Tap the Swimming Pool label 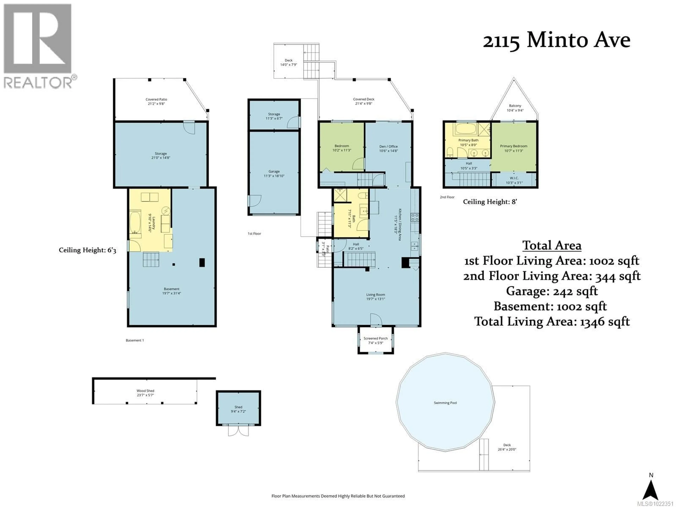click(x=445, y=403)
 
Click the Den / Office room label click(x=388, y=149)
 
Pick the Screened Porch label click(x=376, y=340)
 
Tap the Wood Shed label click(x=145, y=393)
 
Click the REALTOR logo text click(x=38, y=83)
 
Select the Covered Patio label click(x=156, y=101)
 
